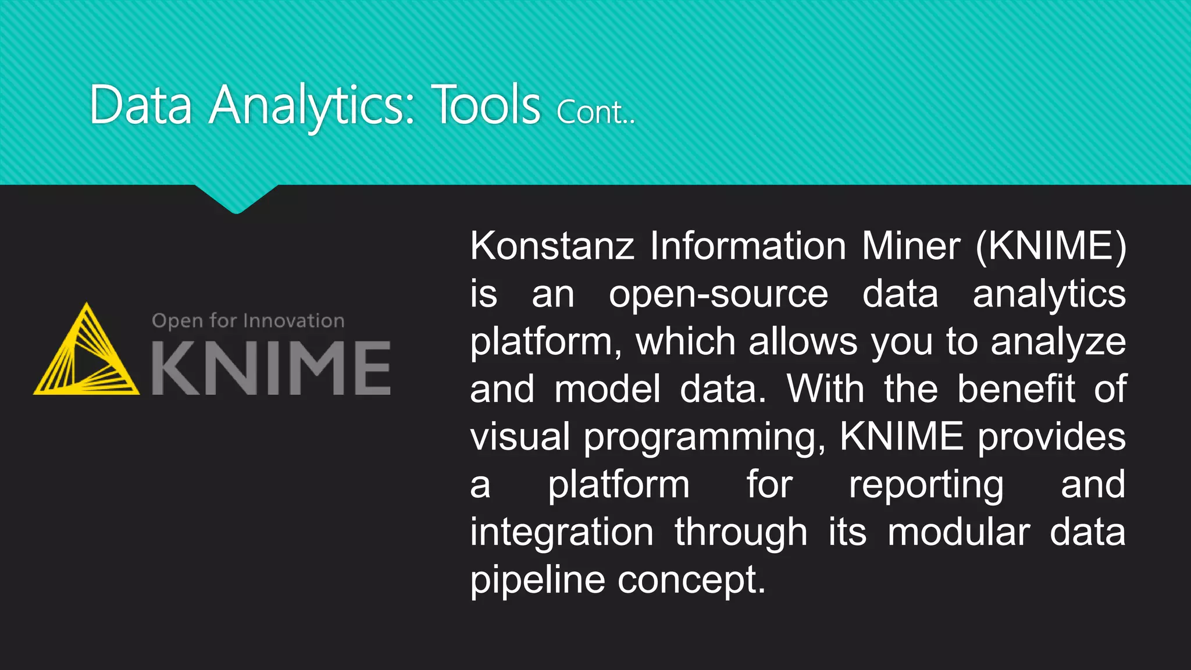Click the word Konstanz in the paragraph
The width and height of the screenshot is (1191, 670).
pos(551,246)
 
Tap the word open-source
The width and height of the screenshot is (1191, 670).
pos(718,294)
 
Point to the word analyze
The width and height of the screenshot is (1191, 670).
pos(1058,342)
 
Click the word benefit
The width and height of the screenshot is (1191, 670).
pos(1016,389)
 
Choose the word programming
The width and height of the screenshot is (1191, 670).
pos(704,437)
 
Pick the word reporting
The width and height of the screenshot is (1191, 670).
pos(926,485)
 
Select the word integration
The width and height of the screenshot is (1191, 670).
pos(561,533)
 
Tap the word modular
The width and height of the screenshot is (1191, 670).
pos(958,533)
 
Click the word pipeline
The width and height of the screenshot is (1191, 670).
pos(537,580)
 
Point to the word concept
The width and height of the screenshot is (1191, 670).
pos(691,580)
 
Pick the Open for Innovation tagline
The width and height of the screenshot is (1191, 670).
pos(248,321)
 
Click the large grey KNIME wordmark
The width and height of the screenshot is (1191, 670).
pos(271,368)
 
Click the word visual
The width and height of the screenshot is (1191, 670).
pos(520,437)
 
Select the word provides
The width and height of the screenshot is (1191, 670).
pos(1051,437)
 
